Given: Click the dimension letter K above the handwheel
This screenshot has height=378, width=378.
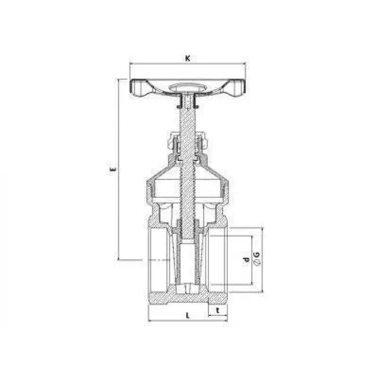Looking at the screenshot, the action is click(187, 58).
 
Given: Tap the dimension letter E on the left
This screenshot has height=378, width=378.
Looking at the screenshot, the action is click(113, 169).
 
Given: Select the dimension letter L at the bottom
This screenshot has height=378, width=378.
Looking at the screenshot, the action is click(188, 315).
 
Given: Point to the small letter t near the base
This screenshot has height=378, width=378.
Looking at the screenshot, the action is click(218, 310).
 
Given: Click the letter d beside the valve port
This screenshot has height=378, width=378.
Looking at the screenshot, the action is click(246, 260).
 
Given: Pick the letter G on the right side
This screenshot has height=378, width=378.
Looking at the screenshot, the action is click(257, 254).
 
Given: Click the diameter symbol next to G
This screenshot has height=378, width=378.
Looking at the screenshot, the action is click(257, 262).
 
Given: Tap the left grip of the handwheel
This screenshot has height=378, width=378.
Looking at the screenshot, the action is click(139, 88).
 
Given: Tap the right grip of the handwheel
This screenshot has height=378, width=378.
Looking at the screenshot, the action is click(237, 88).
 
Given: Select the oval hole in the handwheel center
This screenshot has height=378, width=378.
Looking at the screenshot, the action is click(187, 87).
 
